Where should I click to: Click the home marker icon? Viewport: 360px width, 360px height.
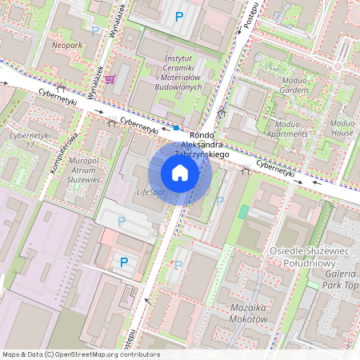[180, 172]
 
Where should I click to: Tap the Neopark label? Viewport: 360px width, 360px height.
[67, 46]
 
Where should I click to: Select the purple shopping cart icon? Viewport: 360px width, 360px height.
[109, 78]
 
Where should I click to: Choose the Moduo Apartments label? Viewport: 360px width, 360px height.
[297, 130]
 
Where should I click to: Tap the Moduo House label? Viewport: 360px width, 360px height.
[342, 128]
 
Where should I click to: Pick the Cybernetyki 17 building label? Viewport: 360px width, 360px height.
[21, 141]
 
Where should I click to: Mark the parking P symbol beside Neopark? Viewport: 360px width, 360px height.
[96, 31]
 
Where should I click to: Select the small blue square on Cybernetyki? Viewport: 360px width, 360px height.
[176, 127]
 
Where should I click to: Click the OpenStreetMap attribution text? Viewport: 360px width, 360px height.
[80, 354]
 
